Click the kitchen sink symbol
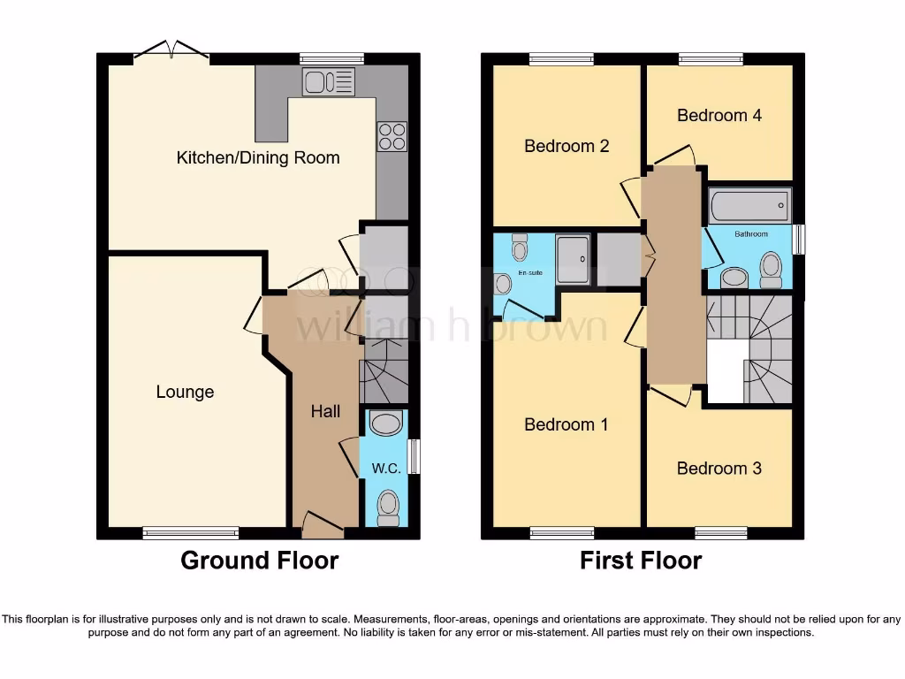point(329,83)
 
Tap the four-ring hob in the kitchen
point(392,135)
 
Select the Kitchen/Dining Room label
point(258,158)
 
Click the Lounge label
point(185,392)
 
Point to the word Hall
point(325,411)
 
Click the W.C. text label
point(387,469)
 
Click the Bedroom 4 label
point(719,115)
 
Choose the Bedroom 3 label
point(719,469)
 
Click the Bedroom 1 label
point(566,424)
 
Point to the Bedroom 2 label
point(567,146)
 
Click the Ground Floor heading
point(259,560)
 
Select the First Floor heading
point(641,560)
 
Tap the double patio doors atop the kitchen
point(171,53)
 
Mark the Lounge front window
point(191,532)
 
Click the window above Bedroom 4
point(711,58)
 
